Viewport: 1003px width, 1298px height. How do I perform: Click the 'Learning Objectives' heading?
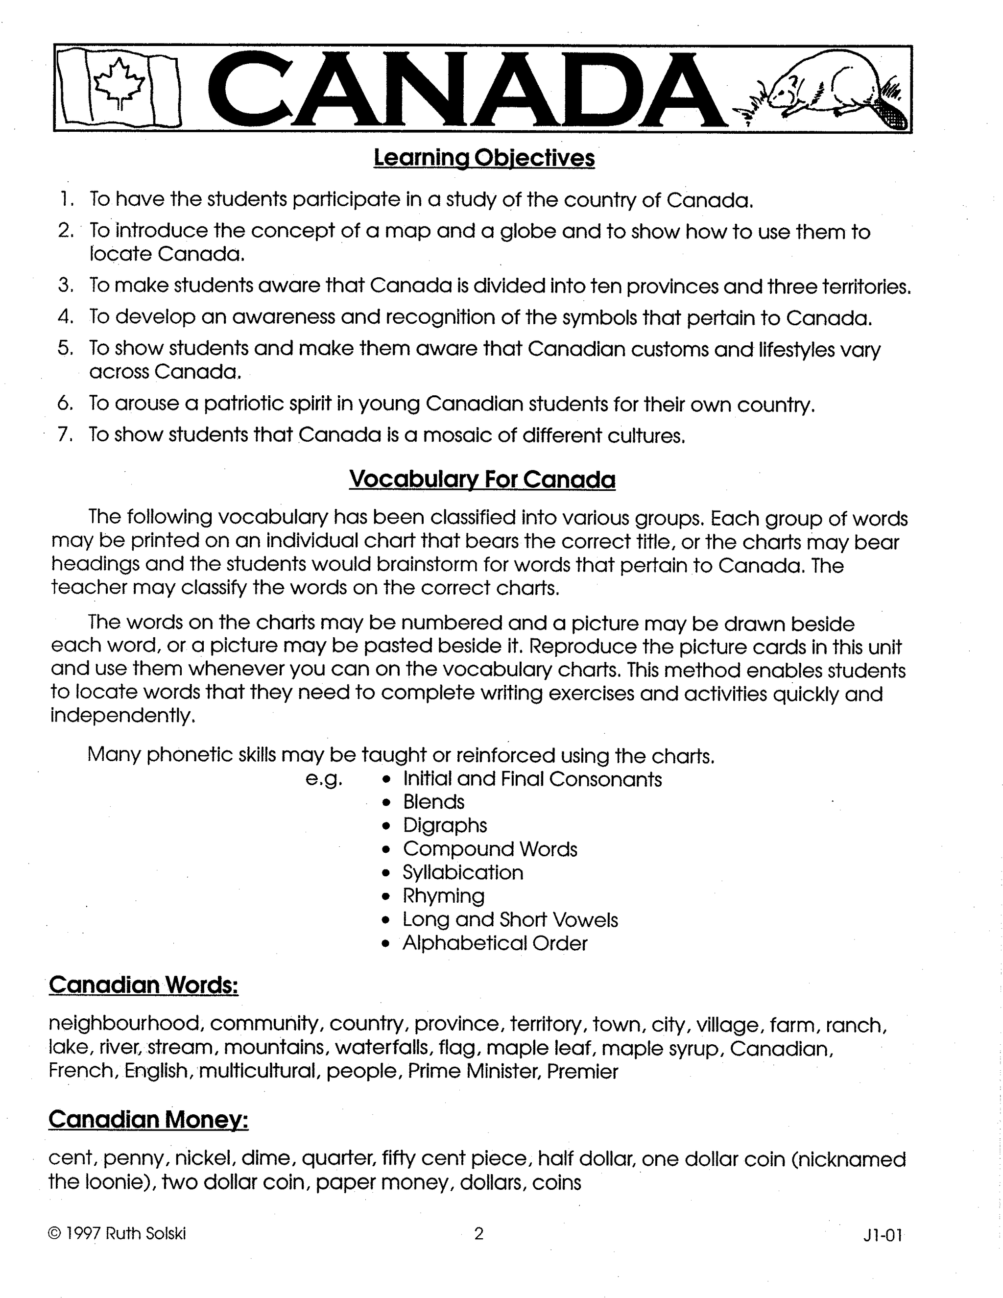[x=484, y=158]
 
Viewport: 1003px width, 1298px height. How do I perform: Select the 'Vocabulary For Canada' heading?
[x=482, y=479]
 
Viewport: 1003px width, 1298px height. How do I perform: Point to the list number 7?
[x=65, y=434]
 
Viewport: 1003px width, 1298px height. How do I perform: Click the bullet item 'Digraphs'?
[x=445, y=825]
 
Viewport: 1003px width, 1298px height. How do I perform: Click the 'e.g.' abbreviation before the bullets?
[x=324, y=779]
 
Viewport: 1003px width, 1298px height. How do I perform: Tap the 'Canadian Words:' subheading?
[x=143, y=985]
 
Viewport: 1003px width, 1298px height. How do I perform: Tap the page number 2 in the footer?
[x=479, y=1234]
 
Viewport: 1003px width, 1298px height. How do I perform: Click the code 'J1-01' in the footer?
[x=883, y=1236]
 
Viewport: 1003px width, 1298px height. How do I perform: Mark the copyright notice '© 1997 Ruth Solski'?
[x=117, y=1234]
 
